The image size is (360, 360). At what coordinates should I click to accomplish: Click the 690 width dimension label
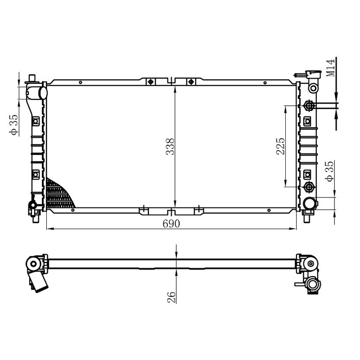point(171,223)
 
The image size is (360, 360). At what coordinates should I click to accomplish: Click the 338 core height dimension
point(170,147)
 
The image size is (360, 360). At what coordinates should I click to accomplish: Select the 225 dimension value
point(280,146)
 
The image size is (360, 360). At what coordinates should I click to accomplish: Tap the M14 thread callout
point(330,68)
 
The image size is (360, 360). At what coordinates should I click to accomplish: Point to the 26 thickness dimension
point(171,297)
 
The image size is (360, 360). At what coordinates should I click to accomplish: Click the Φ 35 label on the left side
point(13,125)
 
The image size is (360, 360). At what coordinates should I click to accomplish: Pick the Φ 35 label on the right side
point(329,171)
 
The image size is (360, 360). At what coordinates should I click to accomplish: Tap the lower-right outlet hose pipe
point(310,203)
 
